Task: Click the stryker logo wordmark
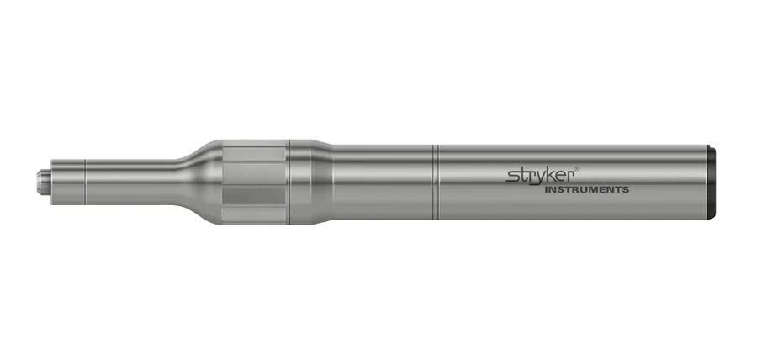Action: pos(539,176)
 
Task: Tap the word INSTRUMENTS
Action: pos(586,189)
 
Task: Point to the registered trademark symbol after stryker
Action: pos(577,169)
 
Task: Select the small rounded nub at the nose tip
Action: pos(41,182)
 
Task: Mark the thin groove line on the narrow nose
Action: pos(85,182)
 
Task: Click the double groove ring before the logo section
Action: pos(436,182)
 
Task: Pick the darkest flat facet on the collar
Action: pos(253,196)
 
